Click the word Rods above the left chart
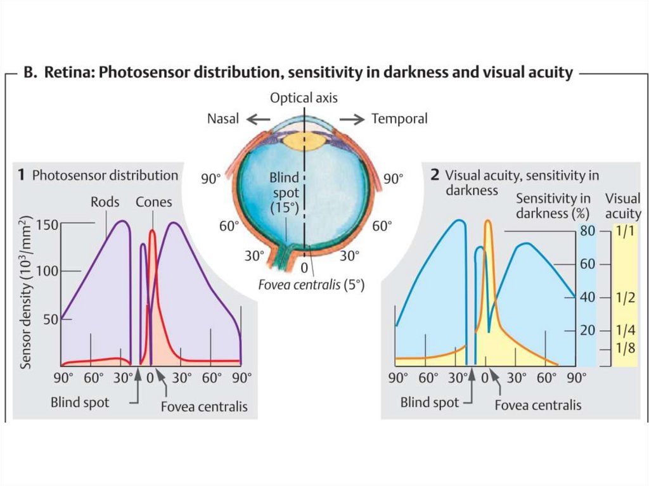point(105,201)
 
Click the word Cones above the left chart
point(153,201)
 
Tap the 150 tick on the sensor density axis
point(48,225)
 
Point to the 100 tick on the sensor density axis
point(48,271)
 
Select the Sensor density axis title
point(25,292)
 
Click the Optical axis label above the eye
point(304,98)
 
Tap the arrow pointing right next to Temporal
point(352,118)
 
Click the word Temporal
point(399,118)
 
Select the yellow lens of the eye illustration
point(303,140)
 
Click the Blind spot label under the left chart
point(80,402)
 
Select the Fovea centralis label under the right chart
point(537,405)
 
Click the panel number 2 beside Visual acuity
point(435,174)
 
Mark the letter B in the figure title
point(29,74)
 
